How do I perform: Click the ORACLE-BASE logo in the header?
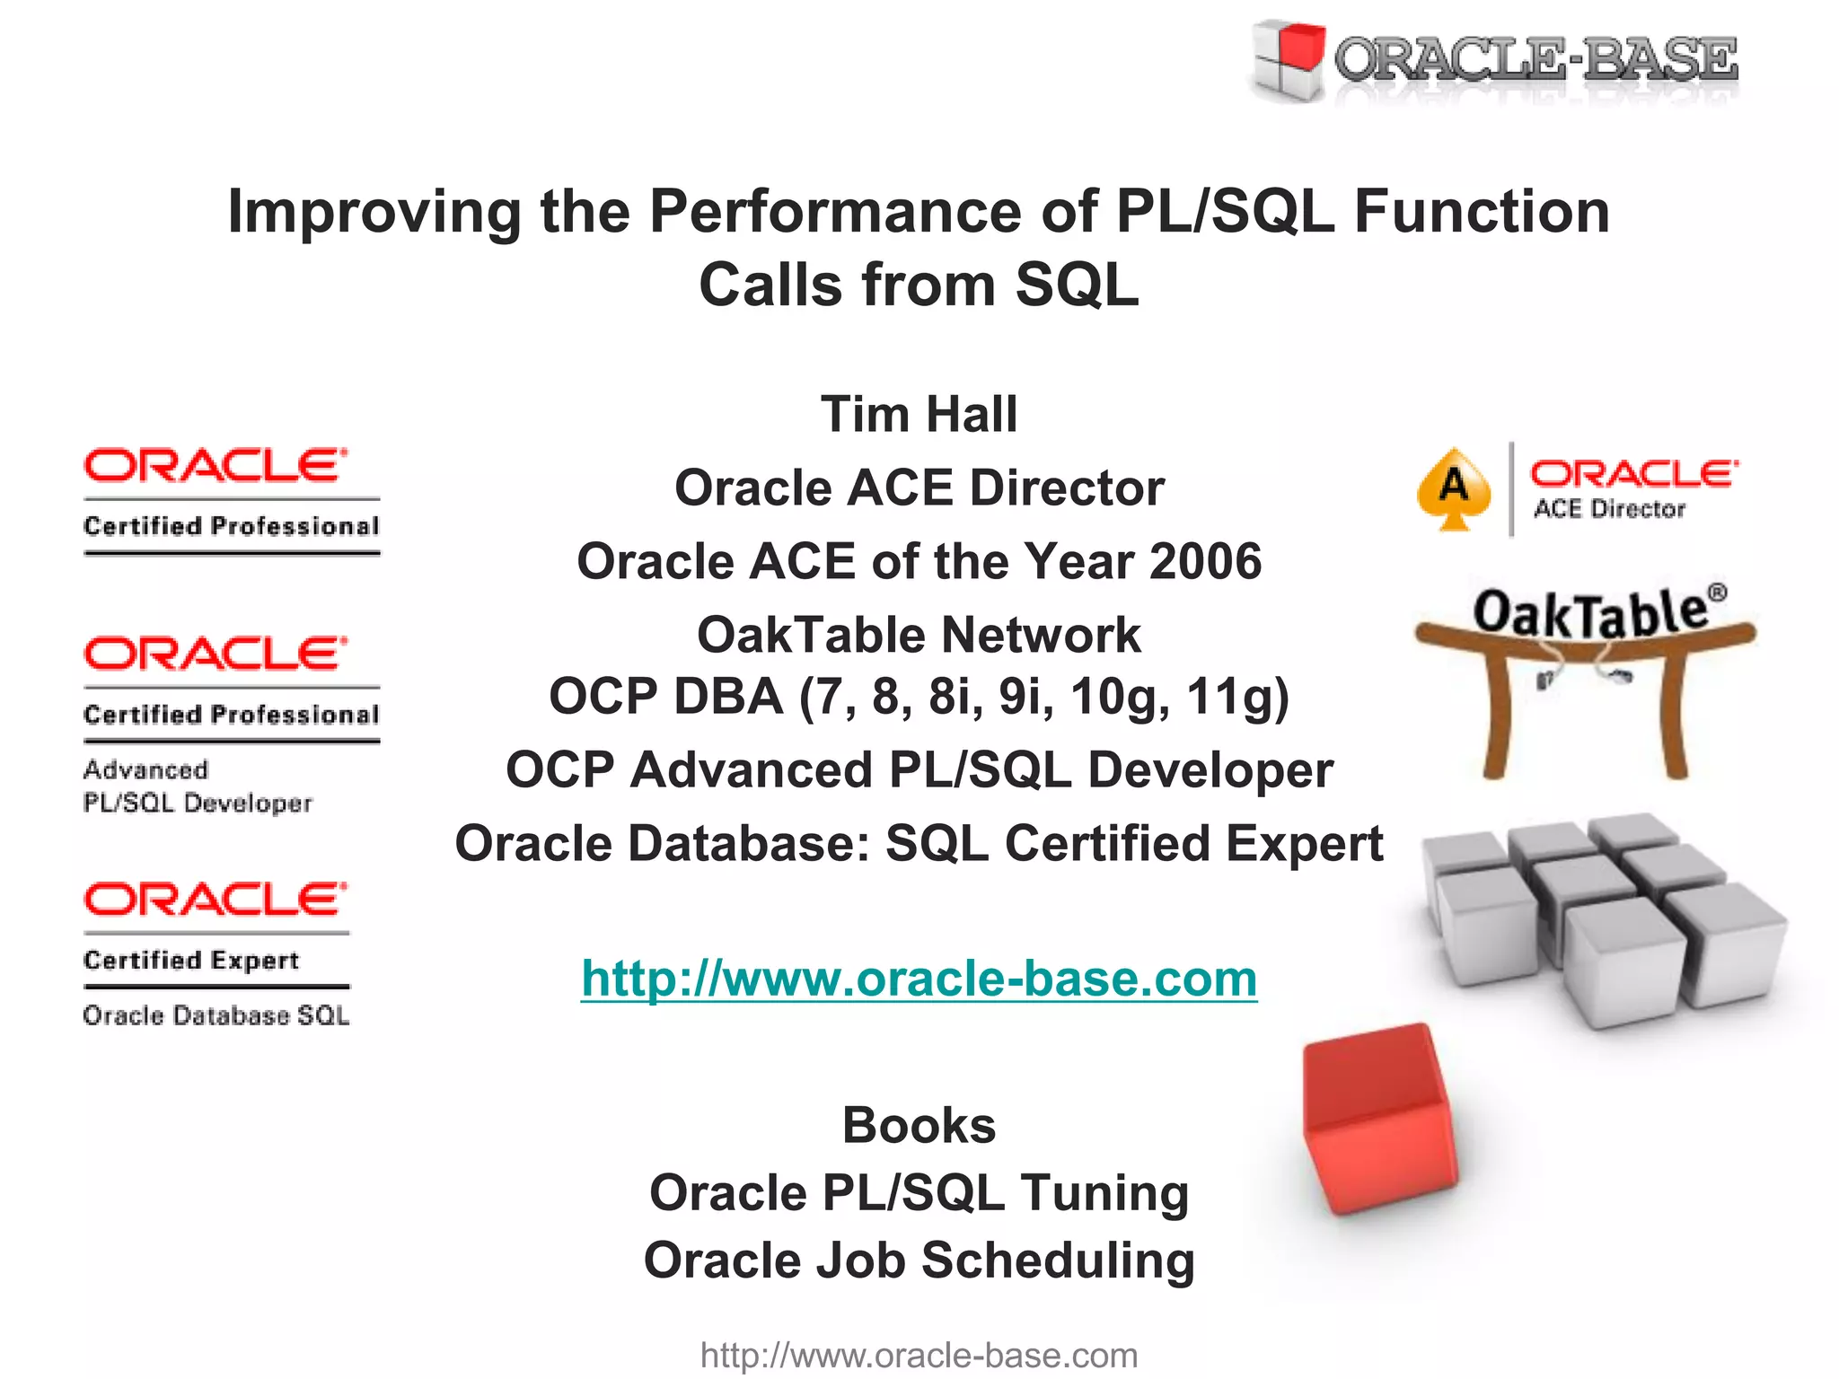tap(1495, 61)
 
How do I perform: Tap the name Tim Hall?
tap(919, 414)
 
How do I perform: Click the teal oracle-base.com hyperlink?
tap(919, 978)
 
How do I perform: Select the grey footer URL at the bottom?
tap(919, 1355)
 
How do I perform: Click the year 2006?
tap(1205, 561)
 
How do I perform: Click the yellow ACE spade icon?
tap(1454, 489)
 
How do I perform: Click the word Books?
tap(919, 1125)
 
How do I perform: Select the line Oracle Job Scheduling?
tap(919, 1260)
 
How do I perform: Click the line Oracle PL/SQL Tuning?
tap(919, 1192)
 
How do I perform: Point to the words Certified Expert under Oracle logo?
tap(191, 960)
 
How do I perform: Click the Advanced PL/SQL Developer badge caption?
tap(197, 786)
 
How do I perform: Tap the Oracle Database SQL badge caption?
tap(216, 1015)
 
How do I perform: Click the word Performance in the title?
tap(835, 212)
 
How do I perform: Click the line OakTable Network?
tap(919, 635)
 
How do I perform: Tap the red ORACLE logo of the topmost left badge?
tap(215, 466)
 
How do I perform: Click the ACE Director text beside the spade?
tap(1608, 509)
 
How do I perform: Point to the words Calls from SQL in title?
tap(919, 285)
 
